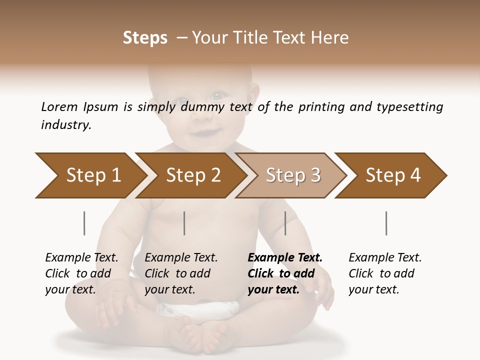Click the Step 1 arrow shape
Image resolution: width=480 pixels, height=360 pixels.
tap(90, 175)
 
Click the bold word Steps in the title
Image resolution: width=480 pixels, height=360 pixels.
tap(145, 38)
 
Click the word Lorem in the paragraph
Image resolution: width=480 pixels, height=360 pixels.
tap(59, 106)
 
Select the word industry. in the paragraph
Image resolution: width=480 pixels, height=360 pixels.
tap(66, 125)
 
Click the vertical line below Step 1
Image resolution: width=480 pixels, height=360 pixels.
tap(84, 223)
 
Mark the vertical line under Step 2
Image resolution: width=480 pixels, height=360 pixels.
tap(184, 223)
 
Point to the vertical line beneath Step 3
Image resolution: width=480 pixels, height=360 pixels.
tap(285, 223)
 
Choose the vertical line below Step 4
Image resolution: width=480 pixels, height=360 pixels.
tap(386, 223)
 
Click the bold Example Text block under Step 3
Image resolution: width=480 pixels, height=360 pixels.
tap(285, 273)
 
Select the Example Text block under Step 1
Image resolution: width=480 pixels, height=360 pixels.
tap(81, 273)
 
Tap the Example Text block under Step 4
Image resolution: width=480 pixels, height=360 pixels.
tap(385, 273)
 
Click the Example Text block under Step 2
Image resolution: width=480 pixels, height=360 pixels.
tap(181, 273)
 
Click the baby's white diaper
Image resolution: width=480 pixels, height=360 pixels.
tap(200, 310)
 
